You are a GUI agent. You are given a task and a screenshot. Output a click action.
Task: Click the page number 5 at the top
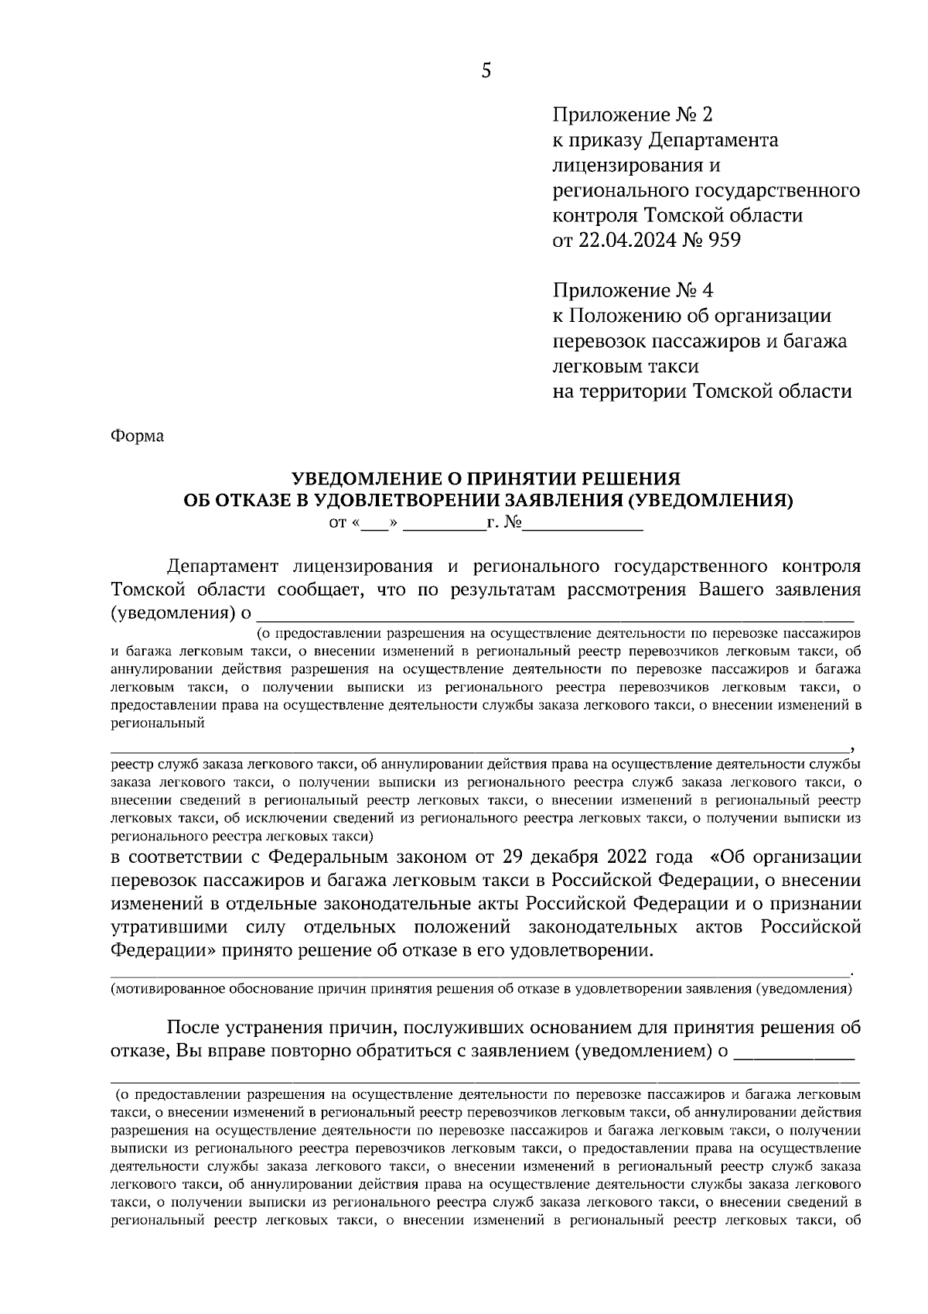click(x=486, y=71)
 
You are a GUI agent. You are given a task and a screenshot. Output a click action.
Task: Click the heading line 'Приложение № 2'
click(x=631, y=115)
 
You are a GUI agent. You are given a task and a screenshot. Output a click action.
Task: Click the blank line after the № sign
click(x=584, y=525)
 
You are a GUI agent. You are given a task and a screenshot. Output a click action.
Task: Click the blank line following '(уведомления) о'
click(x=557, y=615)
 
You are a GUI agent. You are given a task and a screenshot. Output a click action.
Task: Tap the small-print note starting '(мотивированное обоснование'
click(x=481, y=989)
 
